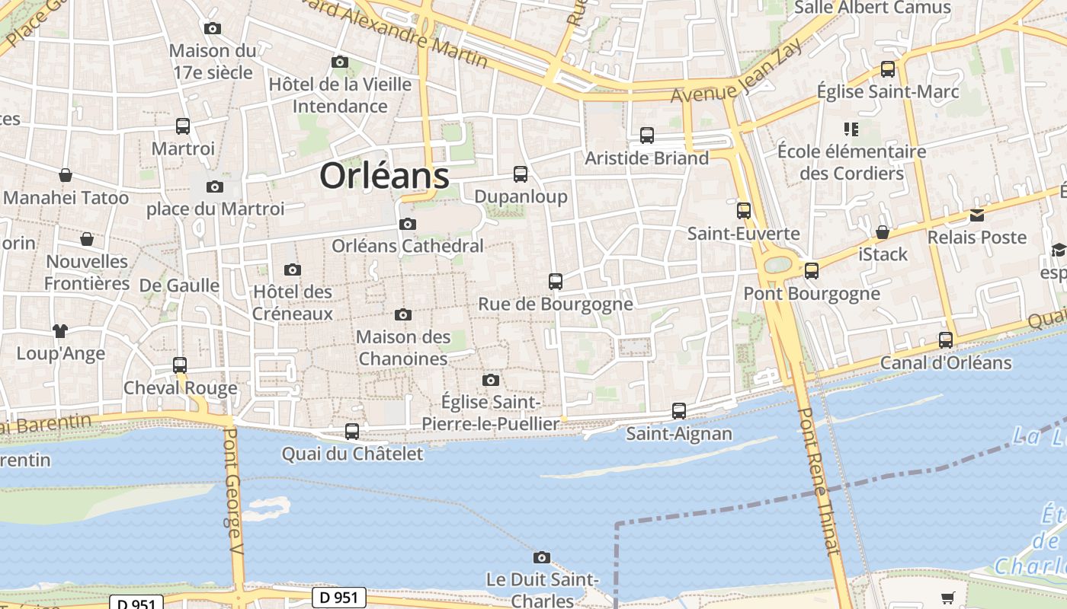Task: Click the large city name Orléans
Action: click(384, 176)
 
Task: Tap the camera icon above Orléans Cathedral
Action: click(408, 224)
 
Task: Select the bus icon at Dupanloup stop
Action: click(521, 174)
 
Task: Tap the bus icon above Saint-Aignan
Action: click(679, 411)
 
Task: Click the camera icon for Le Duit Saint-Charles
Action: click(542, 557)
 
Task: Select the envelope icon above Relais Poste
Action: click(977, 215)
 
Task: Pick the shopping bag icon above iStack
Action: click(883, 232)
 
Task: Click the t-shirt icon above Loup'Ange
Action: click(60, 331)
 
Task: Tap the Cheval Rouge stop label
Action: click(181, 388)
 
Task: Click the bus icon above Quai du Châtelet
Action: click(352, 432)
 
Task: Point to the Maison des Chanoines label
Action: click(402, 347)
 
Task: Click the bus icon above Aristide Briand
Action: click(647, 136)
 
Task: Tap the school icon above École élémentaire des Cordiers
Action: click(851, 129)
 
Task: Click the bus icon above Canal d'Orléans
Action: click(946, 340)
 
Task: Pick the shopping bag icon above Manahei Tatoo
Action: click(66, 175)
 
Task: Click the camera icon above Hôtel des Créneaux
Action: click(292, 269)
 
